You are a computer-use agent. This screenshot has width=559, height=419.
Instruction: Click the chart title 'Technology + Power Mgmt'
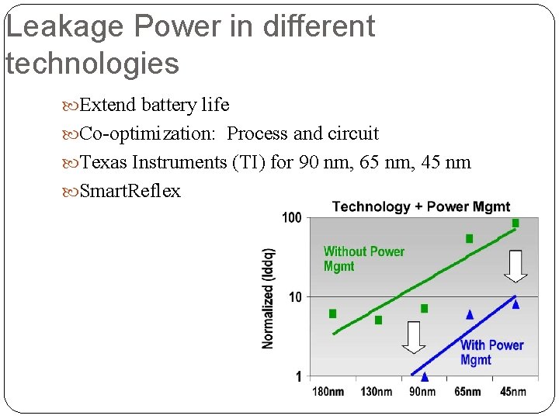point(421,206)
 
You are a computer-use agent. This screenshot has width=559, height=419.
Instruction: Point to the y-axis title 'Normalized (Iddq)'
point(269,297)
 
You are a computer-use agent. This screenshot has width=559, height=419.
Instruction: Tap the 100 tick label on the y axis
point(291,218)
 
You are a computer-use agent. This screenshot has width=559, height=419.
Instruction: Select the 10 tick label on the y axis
point(294,297)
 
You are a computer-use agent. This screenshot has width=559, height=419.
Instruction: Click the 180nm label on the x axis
point(328,391)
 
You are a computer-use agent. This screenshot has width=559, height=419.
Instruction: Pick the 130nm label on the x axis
point(376,391)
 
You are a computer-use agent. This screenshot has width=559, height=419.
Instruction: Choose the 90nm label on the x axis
point(422,391)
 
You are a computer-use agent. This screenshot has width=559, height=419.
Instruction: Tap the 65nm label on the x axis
point(467,391)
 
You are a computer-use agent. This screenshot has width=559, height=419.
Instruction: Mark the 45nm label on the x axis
point(512,391)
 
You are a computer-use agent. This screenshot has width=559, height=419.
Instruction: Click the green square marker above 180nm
point(333,313)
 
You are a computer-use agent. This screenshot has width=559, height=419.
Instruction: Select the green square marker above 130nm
point(378,320)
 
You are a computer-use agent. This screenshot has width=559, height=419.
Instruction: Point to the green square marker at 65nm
point(469,239)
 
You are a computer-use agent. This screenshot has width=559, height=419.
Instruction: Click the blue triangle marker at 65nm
point(469,314)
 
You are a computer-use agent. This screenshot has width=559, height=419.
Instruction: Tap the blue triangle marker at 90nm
point(424,377)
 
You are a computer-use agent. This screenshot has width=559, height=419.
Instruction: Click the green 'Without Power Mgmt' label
point(363,258)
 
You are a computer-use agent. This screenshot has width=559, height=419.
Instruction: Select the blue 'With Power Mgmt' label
point(491,352)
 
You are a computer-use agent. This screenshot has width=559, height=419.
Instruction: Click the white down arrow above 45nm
point(516,266)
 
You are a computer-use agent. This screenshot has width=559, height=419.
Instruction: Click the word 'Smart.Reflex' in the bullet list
point(130,191)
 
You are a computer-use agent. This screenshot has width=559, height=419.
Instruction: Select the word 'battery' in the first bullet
point(166,105)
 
